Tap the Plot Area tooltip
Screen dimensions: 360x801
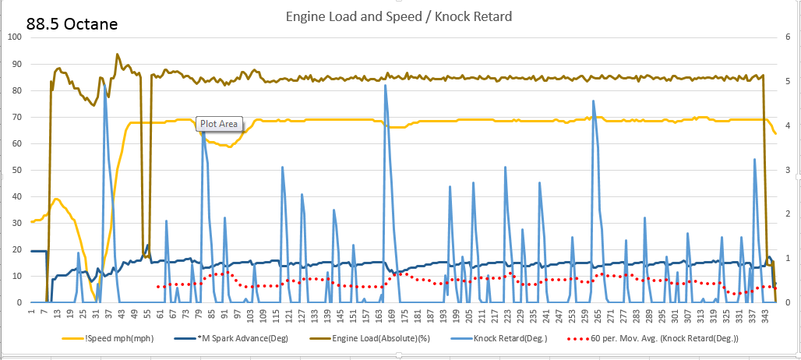(x=221, y=123)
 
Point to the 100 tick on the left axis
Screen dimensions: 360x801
(x=15, y=37)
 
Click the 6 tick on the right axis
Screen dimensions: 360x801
(x=789, y=37)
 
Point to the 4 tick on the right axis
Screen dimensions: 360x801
(x=789, y=125)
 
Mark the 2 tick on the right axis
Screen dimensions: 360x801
(x=789, y=214)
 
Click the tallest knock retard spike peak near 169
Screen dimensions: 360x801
(x=385, y=85)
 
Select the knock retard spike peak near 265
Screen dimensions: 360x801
(x=593, y=101)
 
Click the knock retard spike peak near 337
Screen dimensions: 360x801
(x=754, y=159)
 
